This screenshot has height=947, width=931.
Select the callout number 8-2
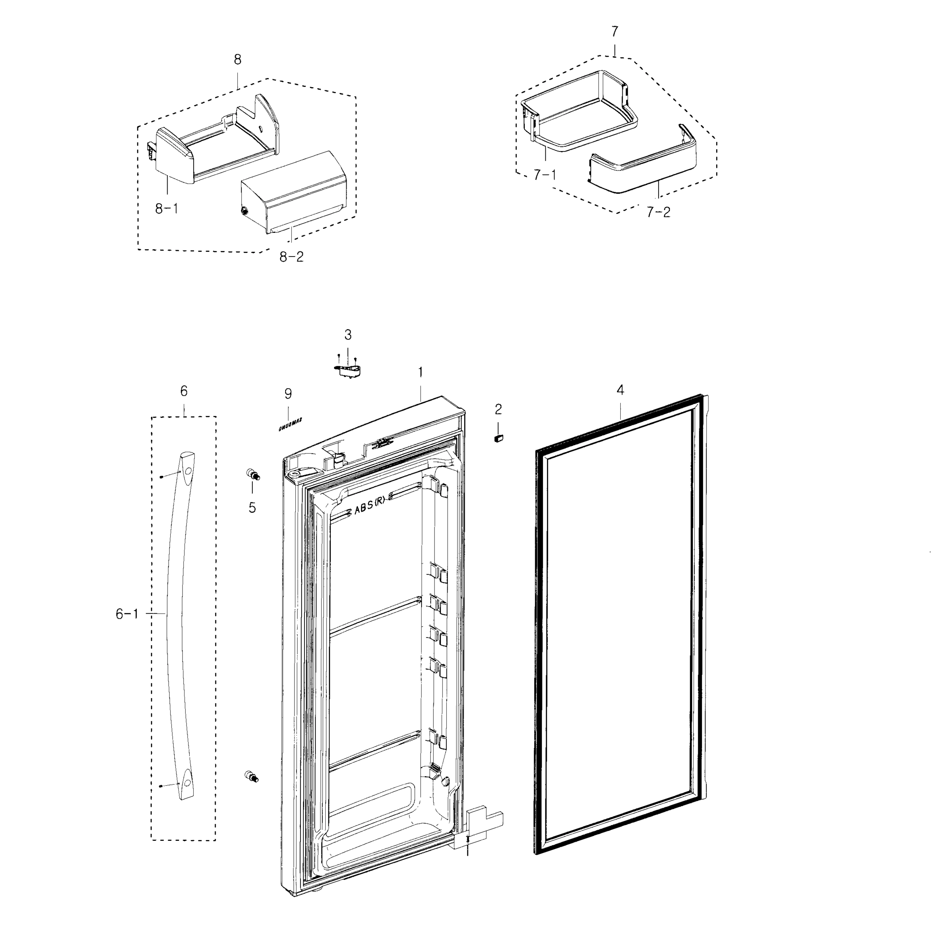click(291, 257)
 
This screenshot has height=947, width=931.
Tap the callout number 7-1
click(545, 175)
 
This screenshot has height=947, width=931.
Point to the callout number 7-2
click(658, 212)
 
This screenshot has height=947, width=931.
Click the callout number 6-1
click(127, 614)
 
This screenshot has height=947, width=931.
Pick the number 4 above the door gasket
click(620, 390)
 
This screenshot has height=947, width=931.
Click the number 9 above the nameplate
click(288, 393)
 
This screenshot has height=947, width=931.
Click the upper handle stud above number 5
click(252, 474)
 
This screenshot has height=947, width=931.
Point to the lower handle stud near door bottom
click(251, 776)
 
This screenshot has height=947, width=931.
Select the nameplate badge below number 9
click(290, 424)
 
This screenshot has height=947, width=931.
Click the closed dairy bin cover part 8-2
click(293, 193)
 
